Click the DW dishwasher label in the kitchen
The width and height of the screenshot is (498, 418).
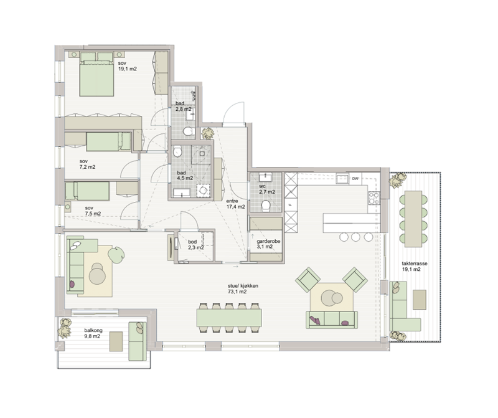pyautogui.click(x=355, y=179)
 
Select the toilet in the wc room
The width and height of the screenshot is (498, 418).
pyautogui.click(x=265, y=206)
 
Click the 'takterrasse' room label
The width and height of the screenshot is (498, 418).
pyautogui.click(x=414, y=264)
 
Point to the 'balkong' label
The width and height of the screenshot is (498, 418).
pyautogui.click(x=93, y=331)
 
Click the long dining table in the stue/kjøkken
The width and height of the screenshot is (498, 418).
pyautogui.click(x=229, y=318)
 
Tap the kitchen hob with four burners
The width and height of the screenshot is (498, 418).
pyautogui.click(x=374, y=198)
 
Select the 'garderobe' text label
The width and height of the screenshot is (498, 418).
pyautogui.click(x=268, y=241)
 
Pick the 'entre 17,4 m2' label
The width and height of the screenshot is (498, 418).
pyautogui.click(x=235, y=204)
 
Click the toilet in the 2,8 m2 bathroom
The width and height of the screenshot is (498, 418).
pyautogui.click(x=188, y=131)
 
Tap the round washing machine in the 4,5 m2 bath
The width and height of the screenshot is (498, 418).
pyautogui.click(x=203, y=191)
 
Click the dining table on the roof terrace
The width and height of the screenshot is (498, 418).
pyautogui.click(x=413, y=219)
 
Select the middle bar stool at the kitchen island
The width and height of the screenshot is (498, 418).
pyautogui.click(x=355, y=237)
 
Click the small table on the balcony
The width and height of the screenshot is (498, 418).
pyautogui.click(x=116, y=341)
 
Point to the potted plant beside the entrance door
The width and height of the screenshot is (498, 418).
pyautogui.click(x=208, y=133)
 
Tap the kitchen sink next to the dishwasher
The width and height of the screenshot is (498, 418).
pyautogui.click(x=343, y=179)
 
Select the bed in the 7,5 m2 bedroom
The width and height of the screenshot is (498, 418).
pyautogui.click(x=87, y=191)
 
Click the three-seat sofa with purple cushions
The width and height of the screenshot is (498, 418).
pyautogui.click(x=332, y=320)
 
